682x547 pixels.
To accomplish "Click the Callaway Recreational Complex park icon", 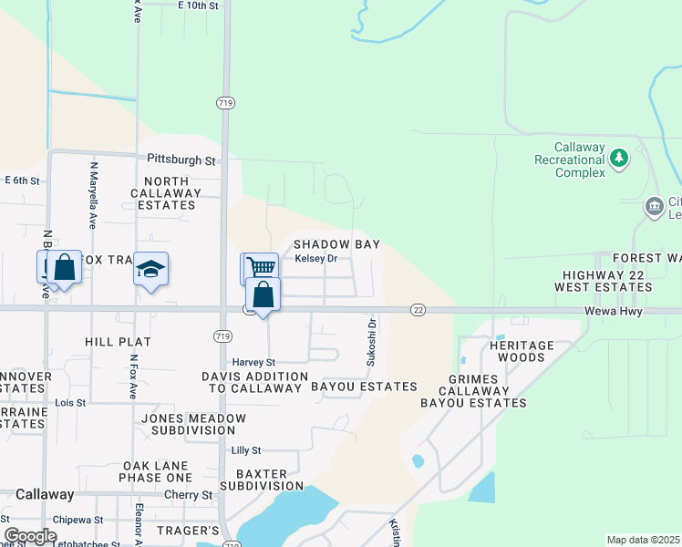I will pyautogui.click(x=619, y=160).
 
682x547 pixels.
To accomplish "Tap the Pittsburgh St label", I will pyautogui.click(x=182, y=160).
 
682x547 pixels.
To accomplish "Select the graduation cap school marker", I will pyautogui.click(x=151, y=269).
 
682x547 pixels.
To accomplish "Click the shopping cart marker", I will pyautogui.click(x=259, y=268).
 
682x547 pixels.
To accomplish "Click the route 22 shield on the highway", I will pyautogui.click(x=418, y=310).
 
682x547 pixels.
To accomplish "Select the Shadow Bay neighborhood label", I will pyautogui.click(x=336, y=244).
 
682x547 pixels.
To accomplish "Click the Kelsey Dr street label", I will pyautogui.click(x=316, y=259).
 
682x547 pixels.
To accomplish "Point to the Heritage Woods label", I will pyautogui.click(x=522, y=351).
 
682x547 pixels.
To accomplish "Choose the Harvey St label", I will pyautogui.click(x=253, y=362).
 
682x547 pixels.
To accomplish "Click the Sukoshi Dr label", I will pyautogui.click(x=371, y=342).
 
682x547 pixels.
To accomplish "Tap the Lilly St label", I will pyautogui.click(x=246, y=450).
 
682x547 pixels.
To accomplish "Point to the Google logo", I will pyautogui.click(x=30, y=535).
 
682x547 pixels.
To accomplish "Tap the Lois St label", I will pyautogui.click(x=70, y=402).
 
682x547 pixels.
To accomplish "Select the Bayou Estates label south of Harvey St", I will pyautogui.click(x=364, y=387).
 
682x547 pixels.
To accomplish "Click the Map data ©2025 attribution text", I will pyautogui.click(x=643, y=540).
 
